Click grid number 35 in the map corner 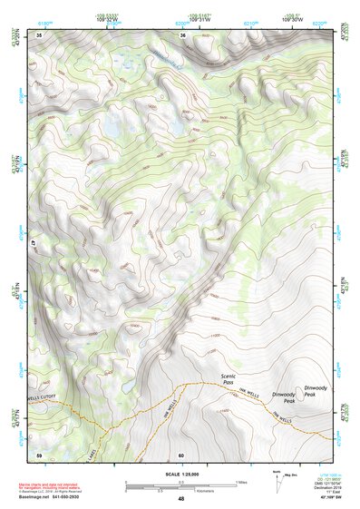pyautogui.click(x=39, y=35)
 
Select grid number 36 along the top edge pyautogui.click(x=183, y=35)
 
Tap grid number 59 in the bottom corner pyautogui.click(x=39, y=454)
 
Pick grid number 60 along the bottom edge pyautogui.click(x=181, y=454)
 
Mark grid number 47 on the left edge pyautogui.click(x=35, y=245)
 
